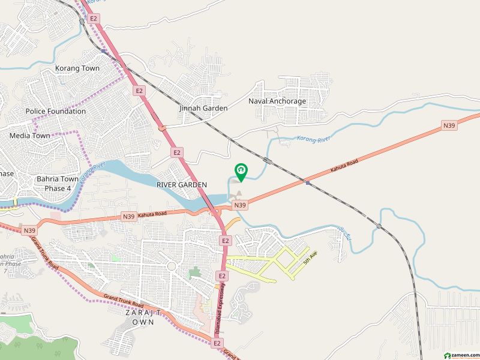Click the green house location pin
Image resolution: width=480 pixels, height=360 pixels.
(x=241, y=172)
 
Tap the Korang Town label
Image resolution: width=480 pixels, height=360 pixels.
(x=77, y=68)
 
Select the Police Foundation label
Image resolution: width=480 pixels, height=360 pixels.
(x=56, y=112)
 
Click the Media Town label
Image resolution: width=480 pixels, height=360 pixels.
(x=30, y=136)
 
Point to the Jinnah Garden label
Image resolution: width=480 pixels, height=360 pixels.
(x=203, y=109)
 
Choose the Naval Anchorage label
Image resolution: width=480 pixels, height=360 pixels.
(x=277, y=101)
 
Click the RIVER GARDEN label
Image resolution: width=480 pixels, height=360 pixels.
(x=182, y=185)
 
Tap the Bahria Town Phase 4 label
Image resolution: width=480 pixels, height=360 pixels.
(x=58, y=184)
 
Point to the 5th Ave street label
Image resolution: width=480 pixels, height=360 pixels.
(x=310, y=263)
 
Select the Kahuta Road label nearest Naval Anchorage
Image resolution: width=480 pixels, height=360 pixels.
(x=344, y=167)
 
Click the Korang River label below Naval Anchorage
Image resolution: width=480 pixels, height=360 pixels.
(x=313, y=140)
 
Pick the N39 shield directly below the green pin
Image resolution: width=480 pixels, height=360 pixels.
(x=240, y=205)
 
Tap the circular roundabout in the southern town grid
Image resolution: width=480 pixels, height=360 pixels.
(x=171, y=266)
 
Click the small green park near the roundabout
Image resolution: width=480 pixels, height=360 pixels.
(x=194, y=273)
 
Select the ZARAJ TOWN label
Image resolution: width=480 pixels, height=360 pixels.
(x=139, y=317)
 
